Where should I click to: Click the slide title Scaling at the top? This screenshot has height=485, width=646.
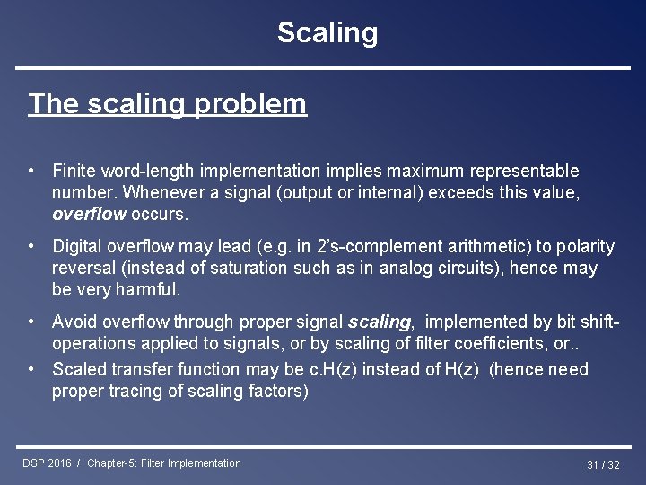(x=327, y=33)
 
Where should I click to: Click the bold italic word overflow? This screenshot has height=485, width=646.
(x=89, y=215)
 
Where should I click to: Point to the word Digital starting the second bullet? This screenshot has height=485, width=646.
(x=76, y=246)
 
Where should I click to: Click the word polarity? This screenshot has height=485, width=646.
(x=584, y=246)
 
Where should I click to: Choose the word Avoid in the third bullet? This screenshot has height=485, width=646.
(x=74, y=322)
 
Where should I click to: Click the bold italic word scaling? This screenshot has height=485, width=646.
(x=380, y=322)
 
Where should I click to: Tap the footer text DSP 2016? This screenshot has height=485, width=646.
(x=47, y=463)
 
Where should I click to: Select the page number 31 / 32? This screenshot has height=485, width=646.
(x=603, y=465)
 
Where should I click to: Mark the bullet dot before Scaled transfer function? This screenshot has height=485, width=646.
(x=31, y=369)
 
